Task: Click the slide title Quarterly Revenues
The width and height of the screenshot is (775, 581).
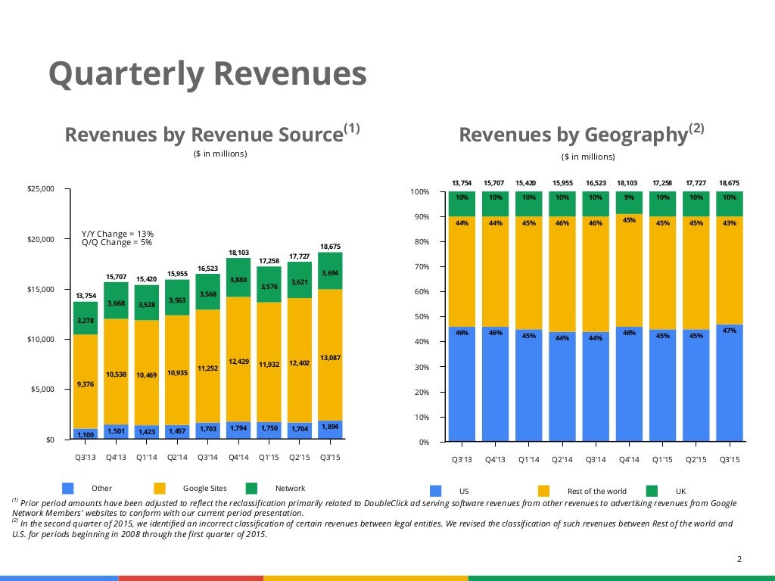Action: [x=207, y=75]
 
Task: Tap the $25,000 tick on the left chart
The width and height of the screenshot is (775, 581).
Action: [x=41, y=189]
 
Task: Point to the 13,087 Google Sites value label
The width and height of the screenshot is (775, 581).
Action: [x=330, y=358]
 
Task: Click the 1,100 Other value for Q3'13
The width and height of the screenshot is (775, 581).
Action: [x=86, y=434]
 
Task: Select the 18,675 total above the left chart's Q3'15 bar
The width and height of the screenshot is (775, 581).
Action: [x=330, y=247]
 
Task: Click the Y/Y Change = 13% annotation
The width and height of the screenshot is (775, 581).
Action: [x=117, y=234]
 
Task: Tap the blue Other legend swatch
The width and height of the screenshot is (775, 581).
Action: [x=68, y=488]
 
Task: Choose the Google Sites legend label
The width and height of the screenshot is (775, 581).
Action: [x=204, y=489]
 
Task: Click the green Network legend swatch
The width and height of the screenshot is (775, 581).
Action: [x=252, y=488]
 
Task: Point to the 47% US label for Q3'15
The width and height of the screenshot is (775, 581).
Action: [x=729, y=331]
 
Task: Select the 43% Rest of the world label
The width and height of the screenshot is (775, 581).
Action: [x=729, y=223]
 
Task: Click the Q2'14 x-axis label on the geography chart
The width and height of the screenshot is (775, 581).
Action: [x=562, y=459]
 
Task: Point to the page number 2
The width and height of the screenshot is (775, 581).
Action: [x=739, y=559]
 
